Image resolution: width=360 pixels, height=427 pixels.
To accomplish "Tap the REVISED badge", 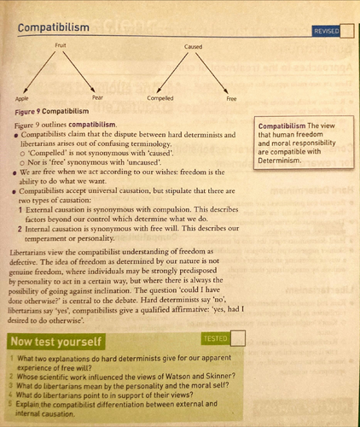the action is click(326, 31).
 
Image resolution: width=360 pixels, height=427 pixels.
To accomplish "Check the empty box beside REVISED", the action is click(346, 31).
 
